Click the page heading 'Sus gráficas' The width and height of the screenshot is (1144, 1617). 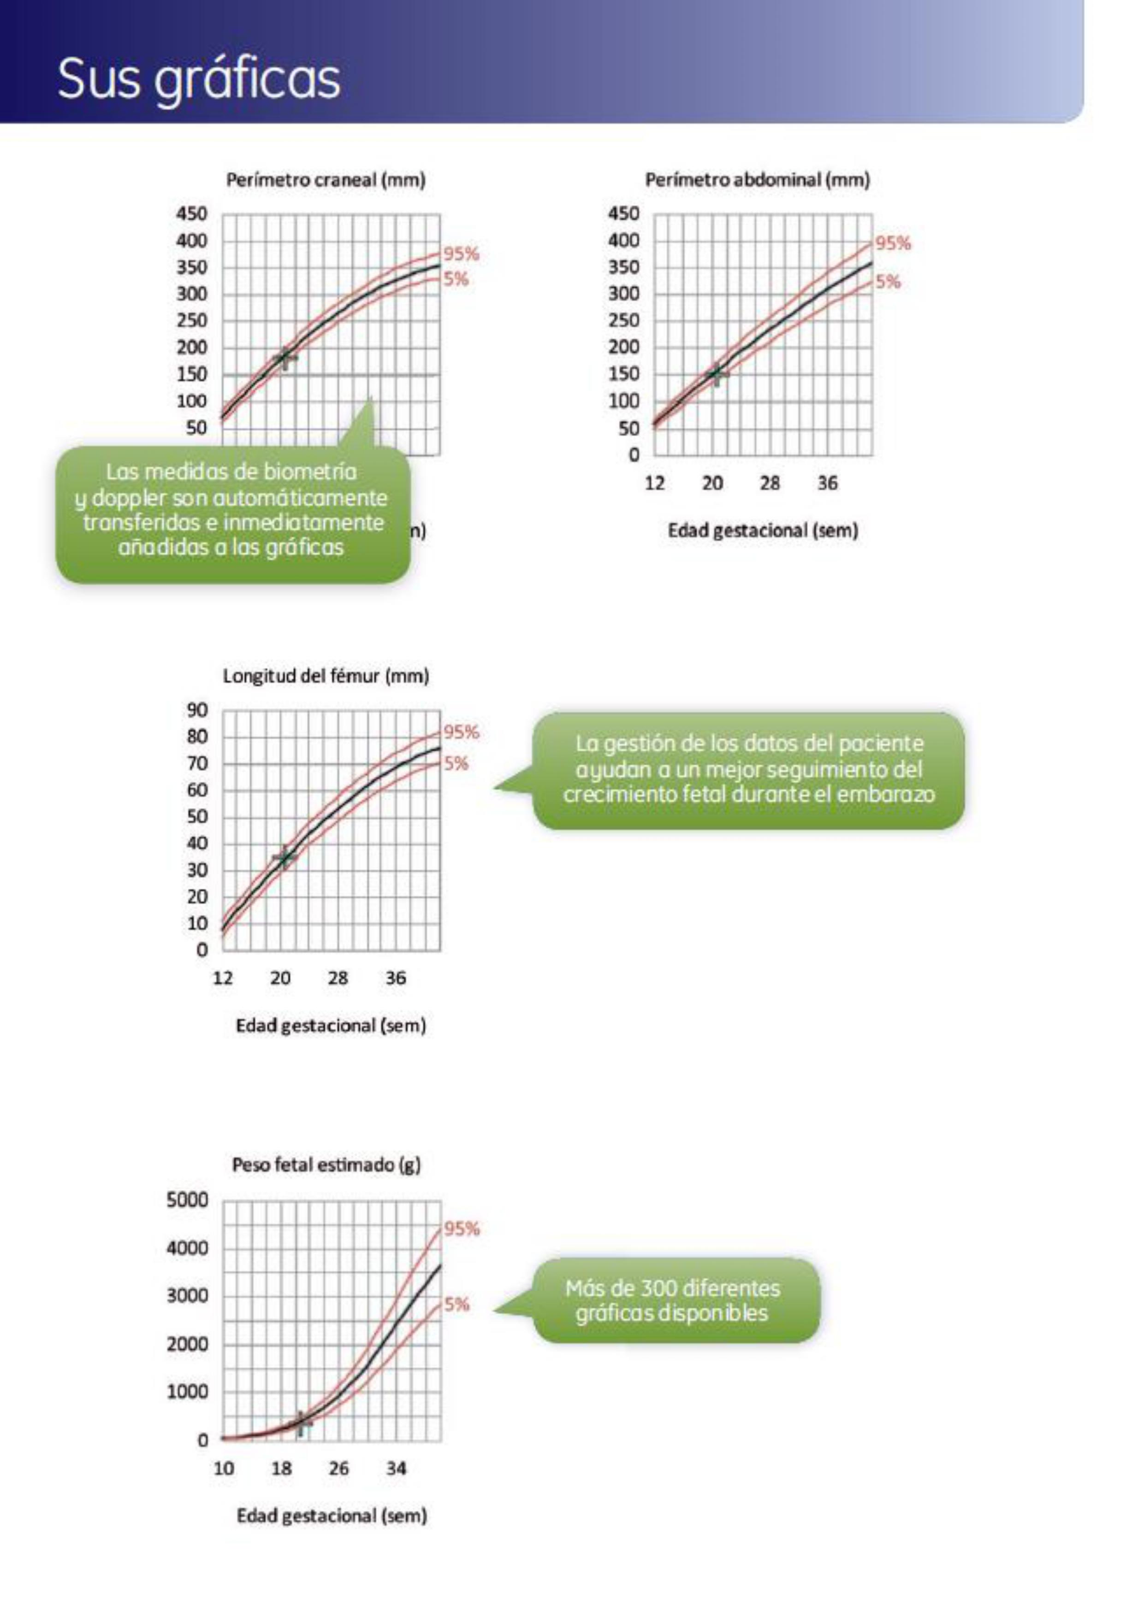click(x=199, y=78)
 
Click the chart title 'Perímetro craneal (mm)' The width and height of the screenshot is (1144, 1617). click(x=326, y=180)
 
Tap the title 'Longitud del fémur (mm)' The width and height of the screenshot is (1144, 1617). click(x=326, y=677)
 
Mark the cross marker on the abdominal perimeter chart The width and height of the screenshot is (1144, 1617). click(x=717, y=373)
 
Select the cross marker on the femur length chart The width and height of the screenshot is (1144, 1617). click(x=285, y=858)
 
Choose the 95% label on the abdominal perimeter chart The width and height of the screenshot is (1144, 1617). click(x=893, y=244)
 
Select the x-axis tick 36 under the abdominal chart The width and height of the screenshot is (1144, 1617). click(x=828, y=484)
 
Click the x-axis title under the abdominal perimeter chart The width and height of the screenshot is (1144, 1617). click(x=763, y=531)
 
